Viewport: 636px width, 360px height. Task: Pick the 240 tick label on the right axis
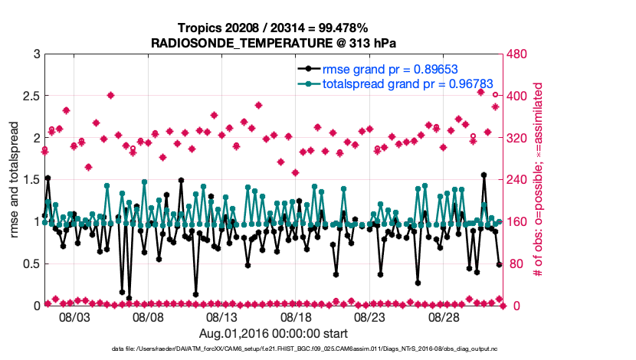[x=516, y=180]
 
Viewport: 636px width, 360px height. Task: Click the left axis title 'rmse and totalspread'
[x=14, y=180]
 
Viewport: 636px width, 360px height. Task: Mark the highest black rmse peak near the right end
[x=484, y=175]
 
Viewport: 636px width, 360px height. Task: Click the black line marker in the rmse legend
[x=308, y=67]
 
